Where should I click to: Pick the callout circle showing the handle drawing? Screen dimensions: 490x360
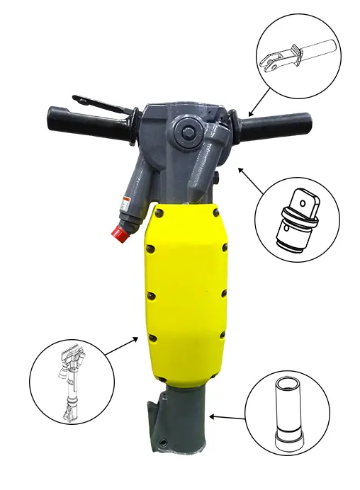[298, 60]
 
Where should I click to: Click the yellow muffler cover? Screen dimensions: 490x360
[186, 290]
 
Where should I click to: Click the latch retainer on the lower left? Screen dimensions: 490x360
[154, 418]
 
